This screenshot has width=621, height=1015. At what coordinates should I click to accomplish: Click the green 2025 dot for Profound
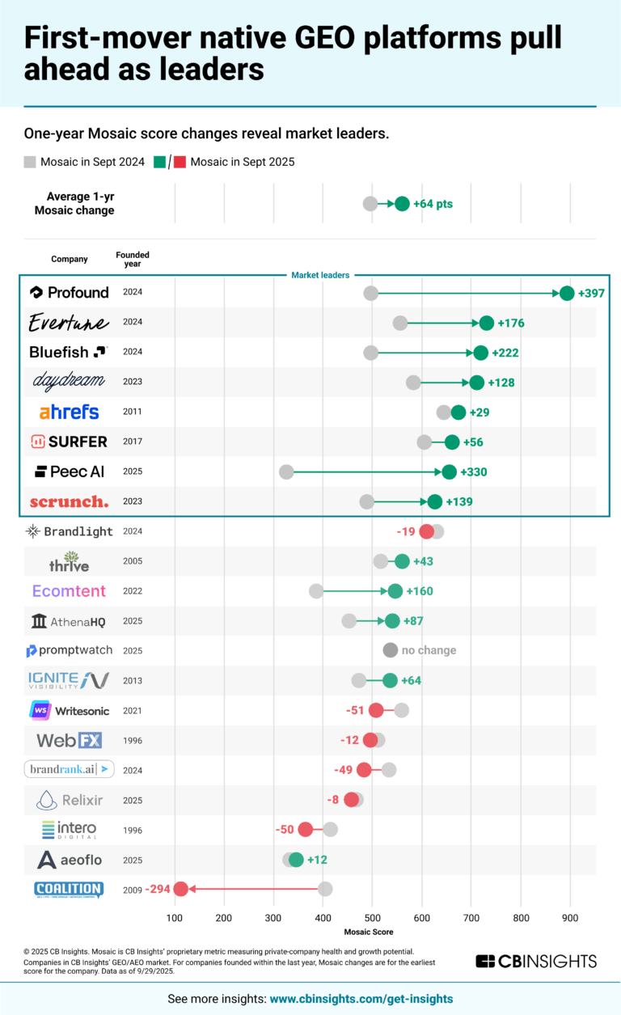[x=567, y=293]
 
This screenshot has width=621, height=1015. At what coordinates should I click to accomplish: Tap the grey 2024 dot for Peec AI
[x=286, y=472]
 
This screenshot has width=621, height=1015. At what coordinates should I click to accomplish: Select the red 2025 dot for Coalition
[x=180, y=889]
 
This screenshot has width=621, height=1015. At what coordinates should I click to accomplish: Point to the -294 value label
[x=158, y=889]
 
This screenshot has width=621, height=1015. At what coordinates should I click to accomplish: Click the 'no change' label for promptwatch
[x=429, y=650]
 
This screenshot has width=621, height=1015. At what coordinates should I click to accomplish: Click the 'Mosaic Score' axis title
[x=372, y=932]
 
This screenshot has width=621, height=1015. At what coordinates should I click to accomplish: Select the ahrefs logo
[x=69, y=412]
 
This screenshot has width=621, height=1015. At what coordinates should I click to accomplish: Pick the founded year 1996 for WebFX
[x=133, y=740]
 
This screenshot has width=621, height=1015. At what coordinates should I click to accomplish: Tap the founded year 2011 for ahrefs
[x=133, y=412]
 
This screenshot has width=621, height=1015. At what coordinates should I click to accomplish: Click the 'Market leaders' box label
[x=320, y=275]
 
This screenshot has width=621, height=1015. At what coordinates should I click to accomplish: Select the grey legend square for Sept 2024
[x=30, y=162]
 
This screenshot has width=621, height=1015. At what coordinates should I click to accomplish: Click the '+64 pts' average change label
[x=433, y=204]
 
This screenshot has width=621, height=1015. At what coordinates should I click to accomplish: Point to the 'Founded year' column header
[x=133, y=259]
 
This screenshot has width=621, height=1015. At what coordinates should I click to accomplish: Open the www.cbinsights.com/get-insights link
[x=361, y=999]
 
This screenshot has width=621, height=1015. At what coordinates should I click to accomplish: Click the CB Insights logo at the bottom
[x=536, y=961]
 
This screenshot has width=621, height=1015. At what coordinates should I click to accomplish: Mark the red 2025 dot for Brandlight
[x=426, y=531]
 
